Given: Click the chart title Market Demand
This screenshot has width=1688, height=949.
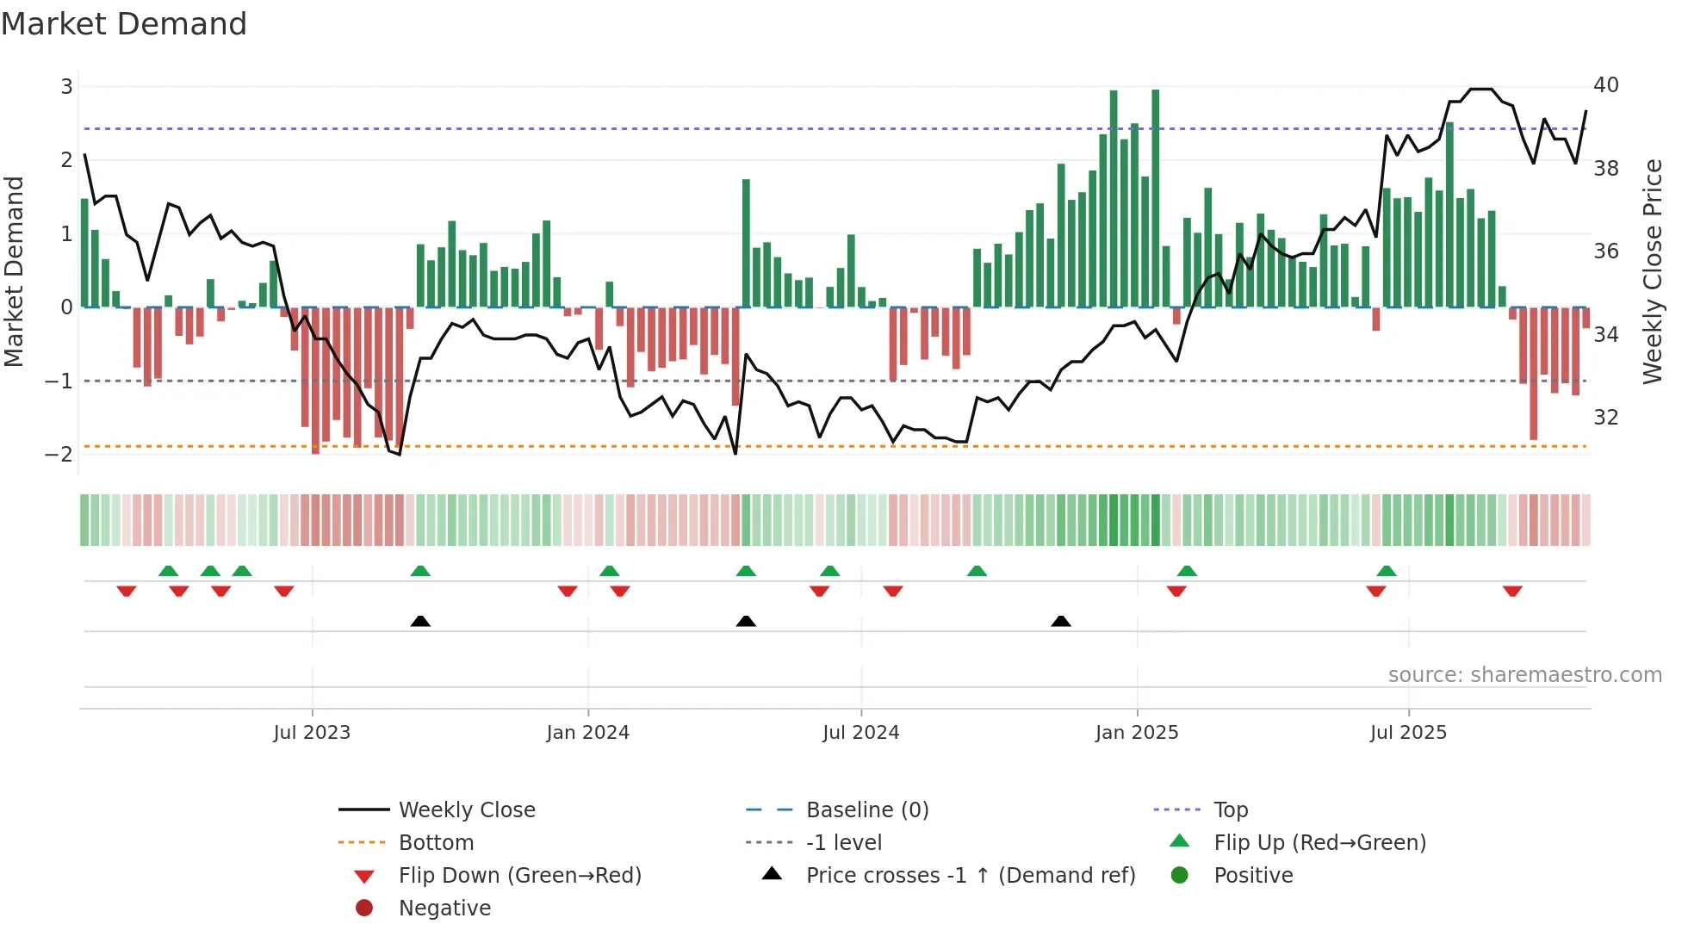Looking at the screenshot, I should pos(124,24).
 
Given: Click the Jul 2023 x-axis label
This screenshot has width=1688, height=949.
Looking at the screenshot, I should pos(312,733).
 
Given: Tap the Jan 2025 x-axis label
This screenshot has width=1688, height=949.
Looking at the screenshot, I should pos(1136,733).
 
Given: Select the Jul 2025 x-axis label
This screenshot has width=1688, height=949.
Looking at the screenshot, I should pos(1408,733).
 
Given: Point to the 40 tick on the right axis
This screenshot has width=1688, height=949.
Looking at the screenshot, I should pos(1605,85).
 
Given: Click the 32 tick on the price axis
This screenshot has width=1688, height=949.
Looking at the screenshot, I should pos(1605,418).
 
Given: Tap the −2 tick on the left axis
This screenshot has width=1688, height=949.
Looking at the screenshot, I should pos(59,455).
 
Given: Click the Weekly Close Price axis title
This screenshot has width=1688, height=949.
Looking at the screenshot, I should pos(1652,271).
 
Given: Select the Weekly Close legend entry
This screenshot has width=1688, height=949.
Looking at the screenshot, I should pos(466,810).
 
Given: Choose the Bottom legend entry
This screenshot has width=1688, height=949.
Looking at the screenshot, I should pos(436,843).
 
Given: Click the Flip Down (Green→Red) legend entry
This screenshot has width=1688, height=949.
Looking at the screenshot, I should pos(519,876).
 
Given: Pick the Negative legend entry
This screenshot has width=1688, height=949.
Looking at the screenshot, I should pos(444,909).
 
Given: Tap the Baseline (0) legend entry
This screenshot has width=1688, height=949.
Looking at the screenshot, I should pos(866,810).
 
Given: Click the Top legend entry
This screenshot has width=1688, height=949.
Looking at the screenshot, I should pos(1230,810).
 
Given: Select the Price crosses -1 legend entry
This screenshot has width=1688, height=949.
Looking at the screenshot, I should pos(970,876).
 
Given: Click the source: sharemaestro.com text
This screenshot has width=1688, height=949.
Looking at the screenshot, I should pos(1524,675).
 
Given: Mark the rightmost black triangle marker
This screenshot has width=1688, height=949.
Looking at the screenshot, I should pos(1061,621).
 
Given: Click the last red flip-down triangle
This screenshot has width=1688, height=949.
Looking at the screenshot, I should pos(1512,591).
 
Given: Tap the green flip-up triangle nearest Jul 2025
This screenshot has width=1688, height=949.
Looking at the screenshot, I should pos(1386,571).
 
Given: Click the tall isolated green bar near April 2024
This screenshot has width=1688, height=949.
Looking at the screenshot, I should pos(746,243).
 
